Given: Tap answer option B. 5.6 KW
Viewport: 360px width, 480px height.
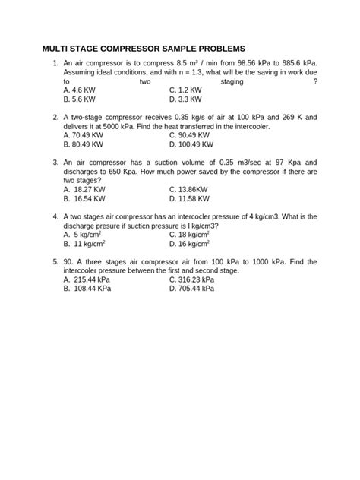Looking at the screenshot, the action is tap(80, 99).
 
